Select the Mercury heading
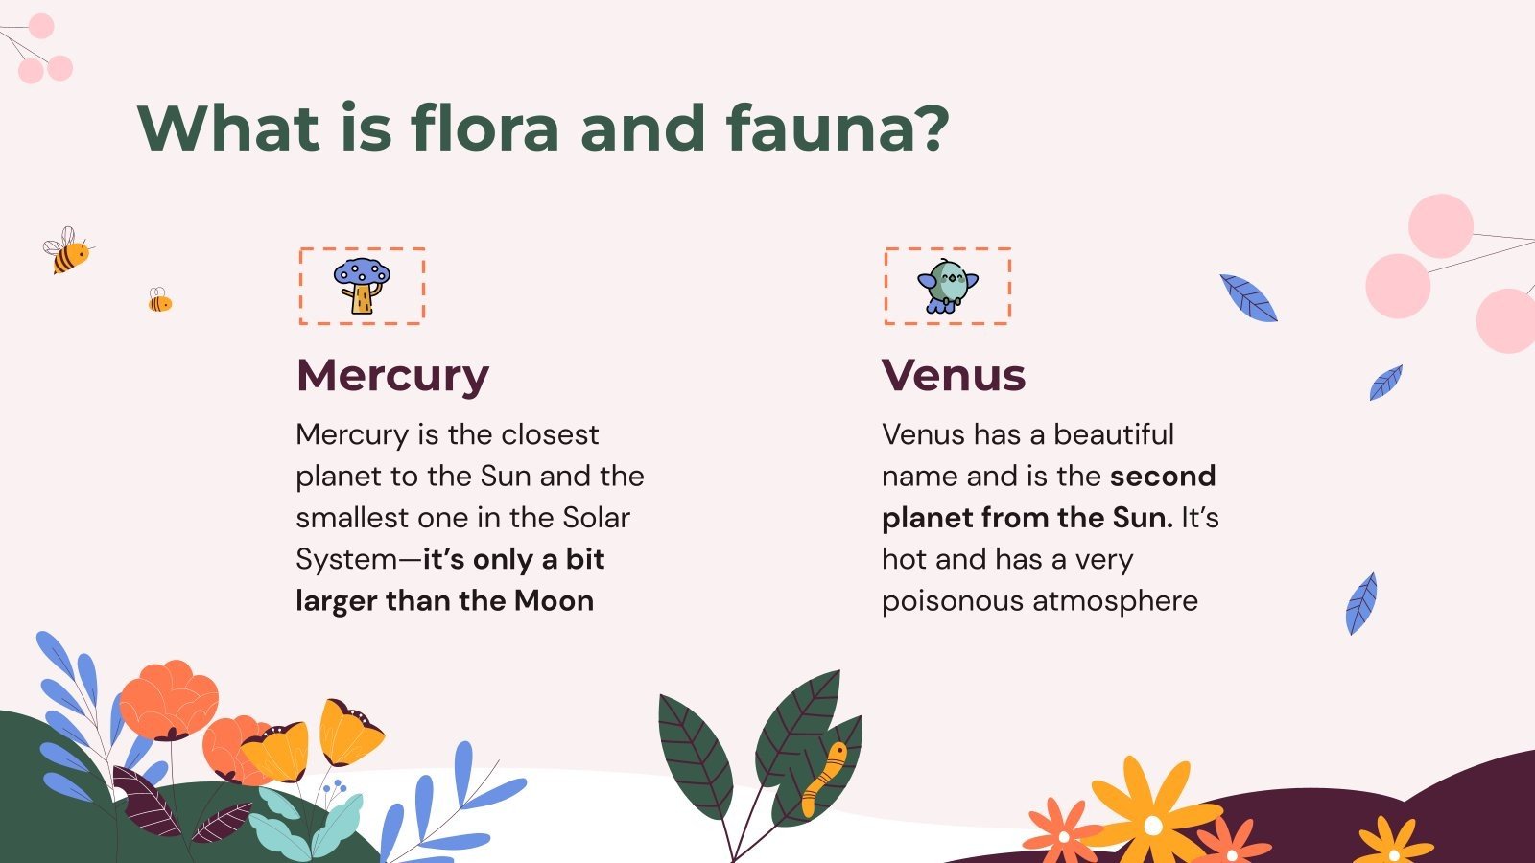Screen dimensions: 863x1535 click(x=392, y=375)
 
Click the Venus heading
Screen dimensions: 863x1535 click(x=954, y=375)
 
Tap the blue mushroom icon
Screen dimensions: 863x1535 click(x=362, y=285)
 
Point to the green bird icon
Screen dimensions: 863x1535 click(x=947, y=286)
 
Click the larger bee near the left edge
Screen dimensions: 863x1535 click(x=66, y=251)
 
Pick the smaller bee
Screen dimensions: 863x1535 click(x=159, y=301)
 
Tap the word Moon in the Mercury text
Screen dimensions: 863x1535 click(x=554, y=600)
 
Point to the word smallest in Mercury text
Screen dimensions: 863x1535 click(x=353, y=517)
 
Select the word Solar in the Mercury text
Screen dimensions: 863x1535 click(x=596, y=517)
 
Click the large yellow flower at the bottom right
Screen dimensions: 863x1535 click(x=1151, y=815)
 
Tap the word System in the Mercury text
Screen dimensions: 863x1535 click(x=345, y=559)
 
